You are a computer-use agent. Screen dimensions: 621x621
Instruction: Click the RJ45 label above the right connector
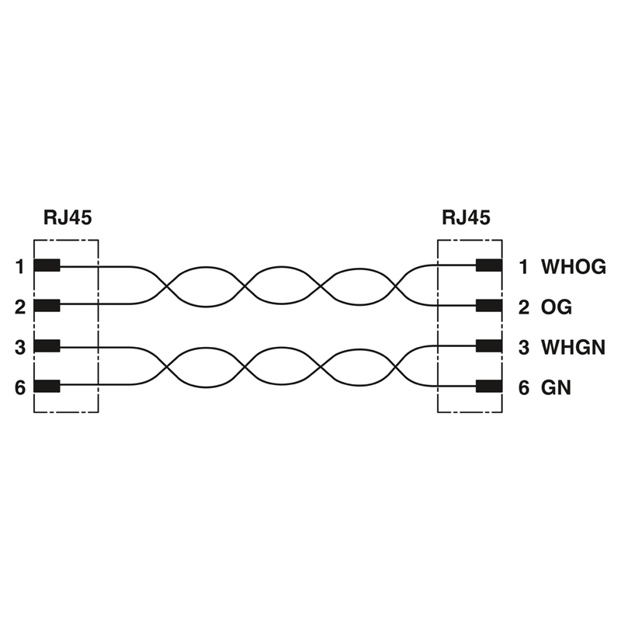pyautogui.click(x=466, y=218)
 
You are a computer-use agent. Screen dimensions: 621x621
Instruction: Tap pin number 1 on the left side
pyautogui.click(x=19, y=267)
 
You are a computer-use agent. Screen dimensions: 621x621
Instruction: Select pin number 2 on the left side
pyautogui.click(x=19, y=307)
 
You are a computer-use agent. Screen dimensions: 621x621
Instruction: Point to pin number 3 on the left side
pyautogui.click(x=19, y=347)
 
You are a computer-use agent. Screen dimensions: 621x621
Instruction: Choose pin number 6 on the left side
pyautogui.click(x=19, y=387)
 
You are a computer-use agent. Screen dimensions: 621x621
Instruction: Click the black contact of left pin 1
pyautogui.click(x=47, y=266)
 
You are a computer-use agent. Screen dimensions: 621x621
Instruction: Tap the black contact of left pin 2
pyautogui.click(x=47, y=306)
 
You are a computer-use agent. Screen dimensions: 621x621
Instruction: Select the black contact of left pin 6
pyautogui.click(x=47, y=386)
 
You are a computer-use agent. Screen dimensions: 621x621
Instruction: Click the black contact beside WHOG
pyautogui.click(x=489, y=266)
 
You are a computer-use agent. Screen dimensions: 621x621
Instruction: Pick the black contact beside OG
pyautogui.click(x=489, y=306)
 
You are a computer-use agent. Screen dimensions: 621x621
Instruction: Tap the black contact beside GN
pyautogui.click(x=489, y=386)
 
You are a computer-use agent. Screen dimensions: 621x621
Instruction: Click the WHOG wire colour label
pyautogui.click(x=573, y=268)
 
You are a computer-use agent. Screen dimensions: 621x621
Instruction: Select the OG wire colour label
pyautogui.click(x=557, y=307)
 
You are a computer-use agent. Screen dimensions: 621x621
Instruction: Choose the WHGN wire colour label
pyautogui.click(x=573, y=347)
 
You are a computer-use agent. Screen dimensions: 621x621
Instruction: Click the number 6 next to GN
pyautogui.click(x=524, y=387)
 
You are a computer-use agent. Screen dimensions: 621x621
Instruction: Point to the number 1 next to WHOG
pyautogui.click(x=524, y=268)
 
